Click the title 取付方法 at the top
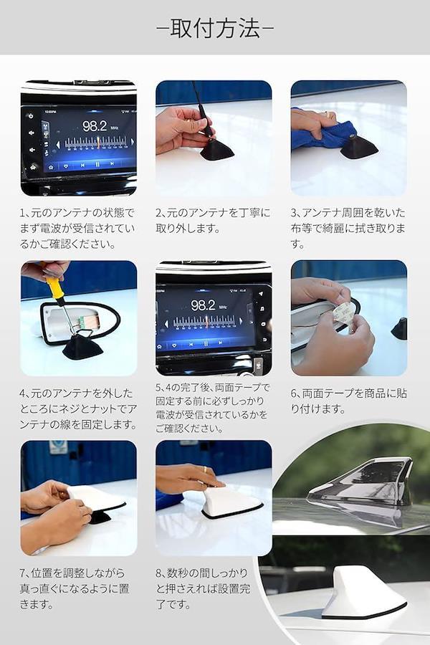pyautogui.click(x=215, y=29)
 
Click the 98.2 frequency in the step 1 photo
pyautogui.click(x=94, y=126)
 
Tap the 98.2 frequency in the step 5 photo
pyautogui.click(x=203, y=305)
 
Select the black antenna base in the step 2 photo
pyautogui.click(x=217, y=149)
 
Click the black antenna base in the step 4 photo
pyautogui.click(x=82, y=347)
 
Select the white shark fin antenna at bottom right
pyautogui.click(x=363, y=593)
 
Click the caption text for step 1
pyautogui.click(x=77, y=229)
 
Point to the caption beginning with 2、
pyautogui.click(x=213, y=221)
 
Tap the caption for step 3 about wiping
pyautogui.click(x=348, y=229)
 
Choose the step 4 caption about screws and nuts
pyautogui.click(x=78, y=408)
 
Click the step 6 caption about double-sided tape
pyautogui.click(x=348, y=401)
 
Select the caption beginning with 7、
pyautogui.click(x=74, y=588)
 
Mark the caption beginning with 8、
pyautogui.click(x=203, y=588)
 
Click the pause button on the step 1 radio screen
pyautogui.click(x=97, y=164)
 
